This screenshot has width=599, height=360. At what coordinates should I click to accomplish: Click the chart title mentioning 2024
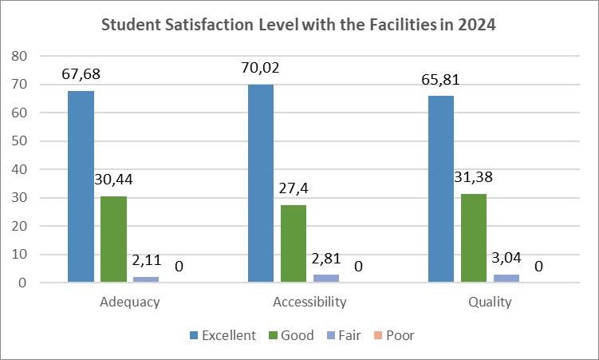pyautogui.click(x=299, y=25)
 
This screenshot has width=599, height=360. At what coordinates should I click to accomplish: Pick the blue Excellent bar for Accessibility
pyautogui.click(x=261, y=183)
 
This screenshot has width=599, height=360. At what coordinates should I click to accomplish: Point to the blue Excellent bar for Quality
pyautogui.click(x=441, y=189)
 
